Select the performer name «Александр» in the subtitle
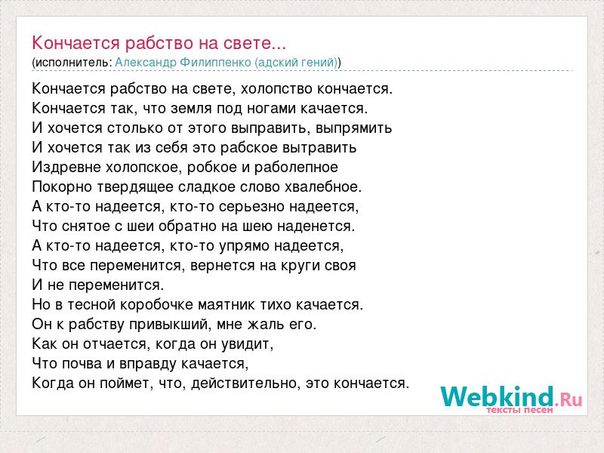145,63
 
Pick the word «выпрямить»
353,128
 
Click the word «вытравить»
319,148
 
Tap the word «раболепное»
296,168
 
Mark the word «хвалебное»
323,186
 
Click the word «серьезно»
251,207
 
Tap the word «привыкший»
170,325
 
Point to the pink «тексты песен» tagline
519,410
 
